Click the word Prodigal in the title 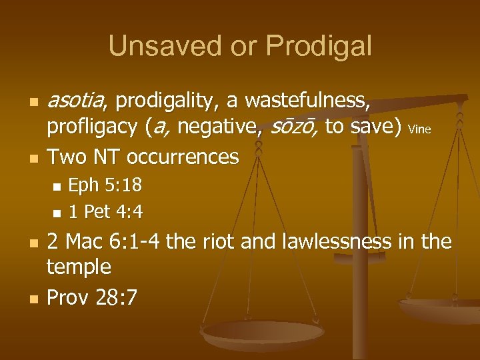tap(318, 47)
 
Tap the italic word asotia tap(77, 101)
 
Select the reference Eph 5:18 tap(105, 185)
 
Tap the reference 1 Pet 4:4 tap(106, 212)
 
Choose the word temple tap(79, 267)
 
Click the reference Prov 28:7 tap(92, 297)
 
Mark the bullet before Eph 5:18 tap(57, 186)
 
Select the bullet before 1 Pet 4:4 tap(57, 213)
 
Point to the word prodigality tap(169, 101)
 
